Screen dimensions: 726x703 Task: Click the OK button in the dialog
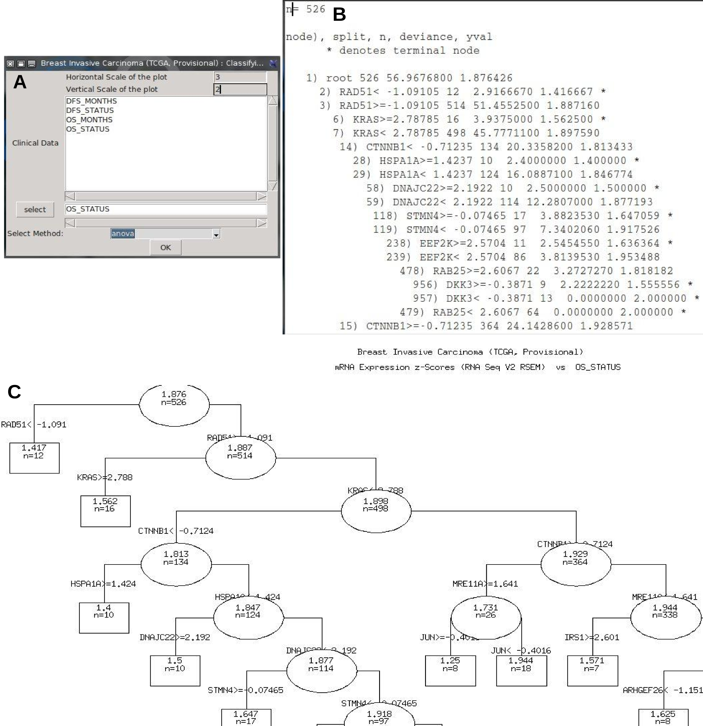165,247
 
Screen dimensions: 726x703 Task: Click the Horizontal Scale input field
240,77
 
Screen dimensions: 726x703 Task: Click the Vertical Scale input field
240,89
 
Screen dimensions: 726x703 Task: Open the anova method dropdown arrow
216,234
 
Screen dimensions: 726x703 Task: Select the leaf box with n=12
34,458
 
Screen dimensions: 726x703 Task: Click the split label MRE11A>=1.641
485,584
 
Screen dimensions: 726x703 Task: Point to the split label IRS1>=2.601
591,637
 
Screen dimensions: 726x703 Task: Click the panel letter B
339,15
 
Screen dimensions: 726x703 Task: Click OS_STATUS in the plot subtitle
598,367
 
